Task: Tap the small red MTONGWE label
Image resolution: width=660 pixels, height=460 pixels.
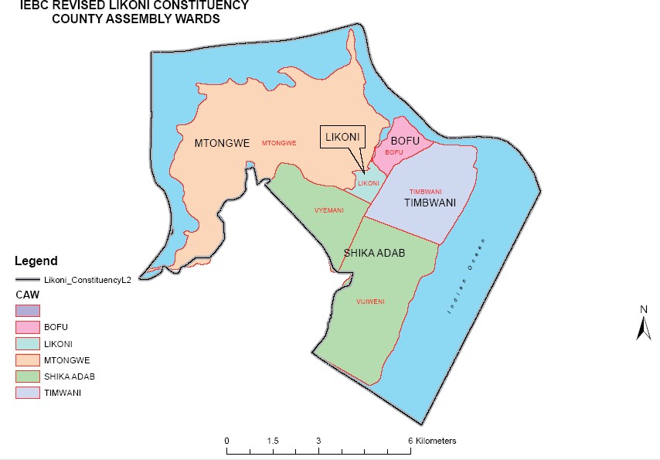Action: tap(280, 143)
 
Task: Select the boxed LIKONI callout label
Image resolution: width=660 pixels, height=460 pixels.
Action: tap(342, 137)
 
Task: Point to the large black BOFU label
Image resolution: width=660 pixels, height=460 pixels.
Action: tap(405, 141)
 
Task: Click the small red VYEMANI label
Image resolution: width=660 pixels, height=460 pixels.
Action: tap(329, 210)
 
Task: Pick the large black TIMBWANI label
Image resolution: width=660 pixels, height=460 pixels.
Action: tap(429, 203)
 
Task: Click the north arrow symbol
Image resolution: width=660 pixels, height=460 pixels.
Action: tap(643, 323)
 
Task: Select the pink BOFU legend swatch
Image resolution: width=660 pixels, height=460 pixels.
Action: tap(26, 327)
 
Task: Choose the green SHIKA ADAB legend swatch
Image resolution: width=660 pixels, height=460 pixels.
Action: tap(26, 377)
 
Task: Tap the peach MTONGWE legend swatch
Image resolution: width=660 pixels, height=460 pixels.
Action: tap(26, 360)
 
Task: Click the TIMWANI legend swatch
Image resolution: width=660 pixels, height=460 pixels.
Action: tap(26, 394)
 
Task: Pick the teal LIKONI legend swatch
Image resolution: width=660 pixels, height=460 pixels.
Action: tap(26, 343)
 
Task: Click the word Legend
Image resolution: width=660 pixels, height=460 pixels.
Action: tap(36, 261)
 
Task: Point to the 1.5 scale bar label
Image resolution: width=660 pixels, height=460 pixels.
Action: tap(272, 441)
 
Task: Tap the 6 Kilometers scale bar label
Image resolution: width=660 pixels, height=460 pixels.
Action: tap(432, 441)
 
